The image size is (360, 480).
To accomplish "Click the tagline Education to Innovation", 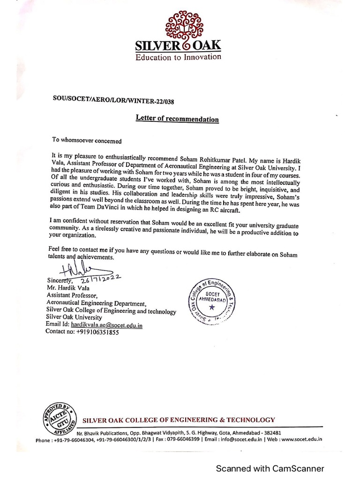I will [178, 57].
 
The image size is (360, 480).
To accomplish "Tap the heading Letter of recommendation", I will [177, 119].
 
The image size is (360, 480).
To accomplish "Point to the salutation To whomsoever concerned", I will [87, 140].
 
